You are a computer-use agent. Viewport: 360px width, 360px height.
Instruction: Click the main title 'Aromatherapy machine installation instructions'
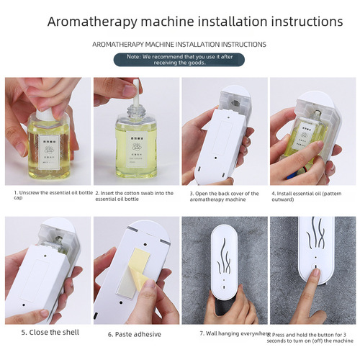click(x=179, y=20)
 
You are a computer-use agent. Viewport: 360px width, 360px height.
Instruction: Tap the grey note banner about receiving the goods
click(x=179, y=59)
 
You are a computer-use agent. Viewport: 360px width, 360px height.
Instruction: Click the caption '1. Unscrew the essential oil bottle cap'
click(x=45, y=197)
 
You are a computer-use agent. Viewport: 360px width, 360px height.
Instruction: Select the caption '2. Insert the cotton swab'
click(x=133, y=197)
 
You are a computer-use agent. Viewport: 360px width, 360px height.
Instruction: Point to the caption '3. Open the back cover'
click(x=222, y=197)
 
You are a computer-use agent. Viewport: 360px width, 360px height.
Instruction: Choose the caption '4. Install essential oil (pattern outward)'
click(x=311, y=197)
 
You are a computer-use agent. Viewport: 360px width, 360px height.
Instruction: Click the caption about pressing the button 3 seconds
click(x=312, y=337)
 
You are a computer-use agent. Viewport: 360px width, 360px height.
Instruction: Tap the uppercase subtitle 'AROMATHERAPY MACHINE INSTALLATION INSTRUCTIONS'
click(x=179, y=45)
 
